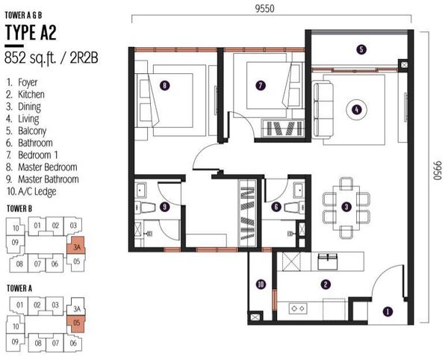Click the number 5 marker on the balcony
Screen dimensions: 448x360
pyautogui.click(x=361, y=49)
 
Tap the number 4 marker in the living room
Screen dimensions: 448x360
pyautogui.click(x=356, y=110)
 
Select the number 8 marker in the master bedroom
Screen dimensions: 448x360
pyautogui.click(x=164, y=85)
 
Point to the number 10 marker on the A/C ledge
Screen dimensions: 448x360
pyautogui.click(x=261, y=285)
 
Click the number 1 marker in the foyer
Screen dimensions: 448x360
pyautogui.click(x=388, y=311)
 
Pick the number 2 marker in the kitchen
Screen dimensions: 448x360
pyautogui.click(x=326, y=285)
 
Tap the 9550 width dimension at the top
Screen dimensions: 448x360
pyautogui.click(x=264, y=8)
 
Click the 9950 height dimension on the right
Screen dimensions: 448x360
pyautogui.click(x=438, y=170)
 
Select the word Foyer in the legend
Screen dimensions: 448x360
pyautogui.click(x=28, y=82)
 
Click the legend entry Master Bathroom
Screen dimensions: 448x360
pyautogui.click(x=49, y=179)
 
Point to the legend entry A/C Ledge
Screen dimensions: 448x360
pyautogui.click(x=37, y=191)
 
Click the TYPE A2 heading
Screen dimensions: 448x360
pyautogui.click(x=31, y=32)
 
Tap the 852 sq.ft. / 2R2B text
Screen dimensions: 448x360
pyautogui.click(x=52, y=58)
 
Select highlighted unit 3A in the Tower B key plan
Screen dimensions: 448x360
pyautogui.click(x=75, y=246)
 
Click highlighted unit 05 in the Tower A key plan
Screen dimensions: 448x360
pyautogui.click(x=76, y=323)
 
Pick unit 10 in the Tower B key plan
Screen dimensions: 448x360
pyautogui.click(x=16, y=228)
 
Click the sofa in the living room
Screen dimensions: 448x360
pyautogui.click(x=323, y=110)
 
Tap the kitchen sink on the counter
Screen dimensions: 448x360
pyautogui.click(x=328, y=261)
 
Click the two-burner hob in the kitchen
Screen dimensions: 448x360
pyautogui.click(x=298, y=308)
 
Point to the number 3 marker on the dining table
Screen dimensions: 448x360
pyautogui.click(x=346, y=207)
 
